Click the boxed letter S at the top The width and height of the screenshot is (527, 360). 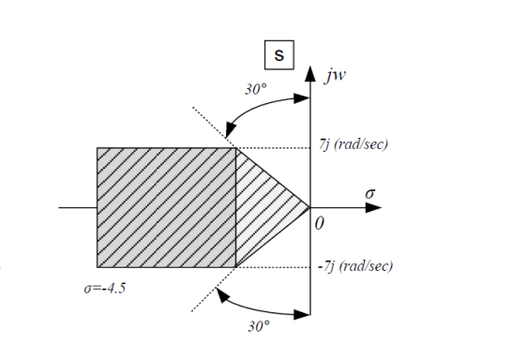point(279,56)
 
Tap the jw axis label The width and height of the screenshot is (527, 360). point(336,77)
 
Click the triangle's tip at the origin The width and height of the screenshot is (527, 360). point(309,207)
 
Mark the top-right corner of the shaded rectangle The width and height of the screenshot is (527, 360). point(235,147)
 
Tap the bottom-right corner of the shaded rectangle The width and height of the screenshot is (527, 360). point(235,266)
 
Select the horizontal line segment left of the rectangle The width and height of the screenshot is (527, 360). point(77,207)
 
